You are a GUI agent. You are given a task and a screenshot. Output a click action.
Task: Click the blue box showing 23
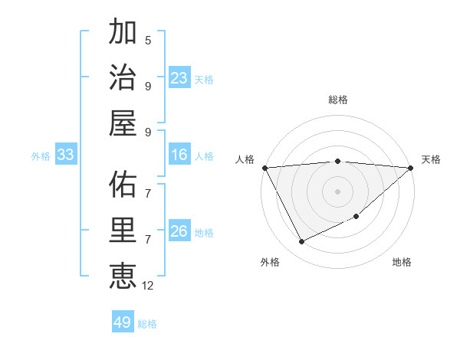coord(179,77)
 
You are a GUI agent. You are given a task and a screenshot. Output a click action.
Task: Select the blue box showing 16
coord(179,155)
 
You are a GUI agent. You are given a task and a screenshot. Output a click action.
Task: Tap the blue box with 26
coord(179,231)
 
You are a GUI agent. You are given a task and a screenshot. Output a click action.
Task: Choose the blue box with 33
coord(65,155)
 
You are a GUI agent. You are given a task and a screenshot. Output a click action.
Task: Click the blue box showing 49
coord(123,322)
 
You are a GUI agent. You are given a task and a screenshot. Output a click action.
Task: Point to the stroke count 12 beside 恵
coord(148,286)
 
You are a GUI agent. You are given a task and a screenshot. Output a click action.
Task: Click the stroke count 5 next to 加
coord(148,40)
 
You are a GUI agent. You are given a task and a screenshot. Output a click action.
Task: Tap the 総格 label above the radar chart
coord(338,100)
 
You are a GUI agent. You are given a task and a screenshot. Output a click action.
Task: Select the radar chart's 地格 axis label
coord(402,262)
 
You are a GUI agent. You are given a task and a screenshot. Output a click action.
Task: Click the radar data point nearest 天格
coord(411,167)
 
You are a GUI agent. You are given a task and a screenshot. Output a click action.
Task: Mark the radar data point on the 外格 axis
coord(301,242)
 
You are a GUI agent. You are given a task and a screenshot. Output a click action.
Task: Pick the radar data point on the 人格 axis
coord(264,167)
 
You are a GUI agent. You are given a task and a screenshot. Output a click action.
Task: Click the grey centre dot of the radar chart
coord(338,191)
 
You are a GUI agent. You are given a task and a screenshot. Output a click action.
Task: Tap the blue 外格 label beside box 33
coord(41,156)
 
